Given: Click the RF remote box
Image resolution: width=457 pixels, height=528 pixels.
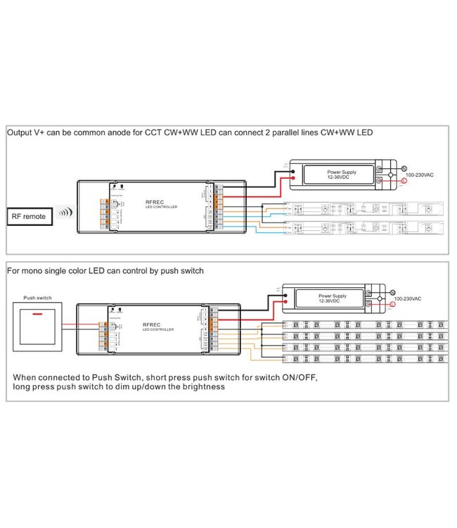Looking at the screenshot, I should click(29, 216).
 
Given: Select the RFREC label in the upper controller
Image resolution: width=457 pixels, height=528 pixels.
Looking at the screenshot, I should click(154, 199).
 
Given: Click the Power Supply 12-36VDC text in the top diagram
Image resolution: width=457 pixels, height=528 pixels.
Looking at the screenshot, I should click(342, 175).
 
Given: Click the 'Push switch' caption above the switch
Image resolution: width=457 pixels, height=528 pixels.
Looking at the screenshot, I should click(39, 298).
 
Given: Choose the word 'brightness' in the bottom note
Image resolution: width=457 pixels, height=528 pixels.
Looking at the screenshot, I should click(201, 386).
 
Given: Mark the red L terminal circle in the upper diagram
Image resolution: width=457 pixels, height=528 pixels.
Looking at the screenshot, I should click(403, 181).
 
